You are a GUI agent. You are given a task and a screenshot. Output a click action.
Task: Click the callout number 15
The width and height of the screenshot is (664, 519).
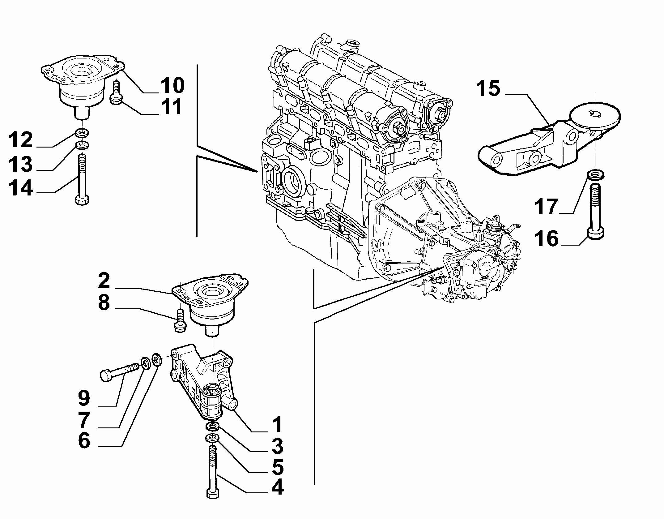(487, 88)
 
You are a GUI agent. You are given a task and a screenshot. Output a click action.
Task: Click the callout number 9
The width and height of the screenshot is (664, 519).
(84, 399)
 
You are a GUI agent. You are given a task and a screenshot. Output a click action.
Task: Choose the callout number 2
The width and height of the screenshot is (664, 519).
(104, 281)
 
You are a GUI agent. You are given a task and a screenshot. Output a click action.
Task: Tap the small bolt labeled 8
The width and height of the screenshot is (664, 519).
(180, 322)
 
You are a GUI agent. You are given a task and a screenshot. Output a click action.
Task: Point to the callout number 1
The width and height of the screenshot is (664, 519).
(278, 424)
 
